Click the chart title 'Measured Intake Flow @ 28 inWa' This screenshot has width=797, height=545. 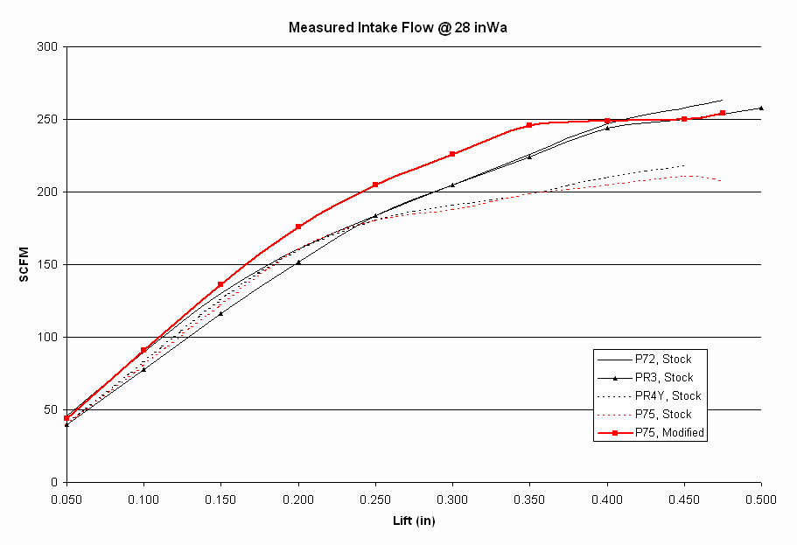point(398,27)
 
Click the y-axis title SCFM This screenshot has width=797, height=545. point(25,264)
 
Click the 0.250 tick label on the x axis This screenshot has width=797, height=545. point(374,499)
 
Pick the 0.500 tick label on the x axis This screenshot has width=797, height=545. point(761,499)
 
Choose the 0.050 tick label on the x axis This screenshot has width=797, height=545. point(66,499)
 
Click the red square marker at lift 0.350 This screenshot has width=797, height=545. point(529,125)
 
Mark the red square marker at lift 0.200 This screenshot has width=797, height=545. point(298,227)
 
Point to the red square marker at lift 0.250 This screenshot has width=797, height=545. point(375,185)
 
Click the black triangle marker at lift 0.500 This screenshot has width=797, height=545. point(761,108)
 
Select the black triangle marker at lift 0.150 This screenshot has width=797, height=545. point(220,313)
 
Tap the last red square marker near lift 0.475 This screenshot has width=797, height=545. point(723,113)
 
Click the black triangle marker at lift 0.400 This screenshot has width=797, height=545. point(607,128)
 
